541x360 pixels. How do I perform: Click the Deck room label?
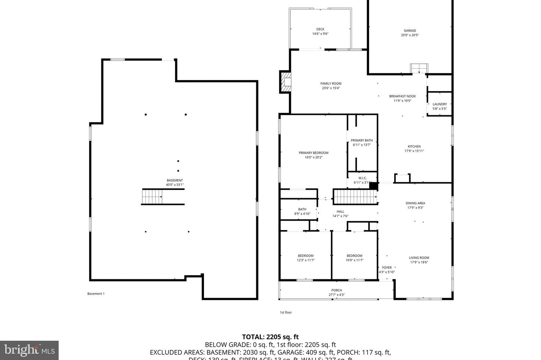pos(320,29)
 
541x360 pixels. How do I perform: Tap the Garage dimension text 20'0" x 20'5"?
pos(410,35)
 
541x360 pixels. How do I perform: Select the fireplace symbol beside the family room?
pos(286,82)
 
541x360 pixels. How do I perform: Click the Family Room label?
pos(331,84)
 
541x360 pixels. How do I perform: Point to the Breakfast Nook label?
pos(402,96)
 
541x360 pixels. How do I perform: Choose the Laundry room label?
pos(440,104)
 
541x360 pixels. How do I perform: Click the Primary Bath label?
pos(362,140)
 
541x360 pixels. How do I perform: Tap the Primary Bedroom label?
pos(313,153)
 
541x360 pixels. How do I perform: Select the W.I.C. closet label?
pos(362,178)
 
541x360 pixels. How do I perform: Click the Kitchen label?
pos(414,146)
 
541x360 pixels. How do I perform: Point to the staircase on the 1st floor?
pos(355,197)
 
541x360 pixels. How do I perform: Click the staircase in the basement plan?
pos(152,196)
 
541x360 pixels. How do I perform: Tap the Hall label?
pos(340,212)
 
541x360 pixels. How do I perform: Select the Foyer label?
pos(387,268)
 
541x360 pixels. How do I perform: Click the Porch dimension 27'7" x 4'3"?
pos(336,295)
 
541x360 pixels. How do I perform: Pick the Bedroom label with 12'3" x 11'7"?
pos(305,256)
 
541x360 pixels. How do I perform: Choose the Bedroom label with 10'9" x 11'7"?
pos(354,256)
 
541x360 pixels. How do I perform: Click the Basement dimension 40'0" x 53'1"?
pos(175,185)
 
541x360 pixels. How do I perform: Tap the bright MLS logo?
pos(29,350)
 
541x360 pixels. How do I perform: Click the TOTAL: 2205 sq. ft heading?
pos(270,337)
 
